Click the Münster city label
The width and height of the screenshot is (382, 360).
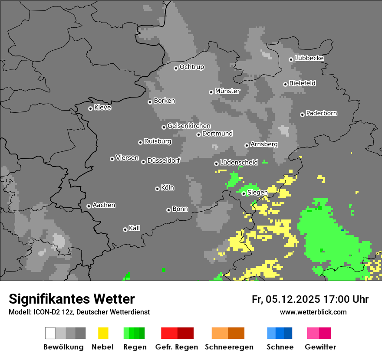(x=227, y=91)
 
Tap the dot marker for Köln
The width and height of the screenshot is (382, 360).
(x=157, y=189)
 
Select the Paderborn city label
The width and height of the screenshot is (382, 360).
(x=321, y=114)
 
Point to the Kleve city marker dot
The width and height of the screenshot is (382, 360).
(x=90, y=108)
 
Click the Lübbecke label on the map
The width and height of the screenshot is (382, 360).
(x=309, y=58)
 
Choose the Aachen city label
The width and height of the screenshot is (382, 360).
(x=104, y=205)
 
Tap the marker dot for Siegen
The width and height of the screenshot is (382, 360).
(x=244, y=193)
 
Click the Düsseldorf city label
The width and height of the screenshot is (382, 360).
(x=163, y=160)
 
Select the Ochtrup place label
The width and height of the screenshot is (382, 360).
(x=191, y=67)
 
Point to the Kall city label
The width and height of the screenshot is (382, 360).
(x=134, y=228)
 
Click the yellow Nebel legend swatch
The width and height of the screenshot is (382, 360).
(x=103, y=333)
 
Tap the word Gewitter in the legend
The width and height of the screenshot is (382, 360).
(x=320, y=347)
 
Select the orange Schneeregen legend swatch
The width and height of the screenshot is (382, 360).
(x=228, y=333)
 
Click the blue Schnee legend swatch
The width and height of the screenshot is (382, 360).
(x=280, y=333)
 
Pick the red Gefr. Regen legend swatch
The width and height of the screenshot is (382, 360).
(x=177, y=333)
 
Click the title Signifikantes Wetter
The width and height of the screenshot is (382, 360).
(x=72, y=299)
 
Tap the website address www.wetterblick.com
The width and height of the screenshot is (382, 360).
(x=313, y=312)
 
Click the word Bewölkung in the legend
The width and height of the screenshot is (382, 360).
(x=63, y=347)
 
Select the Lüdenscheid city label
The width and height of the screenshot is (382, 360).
(x=239, y=163)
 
